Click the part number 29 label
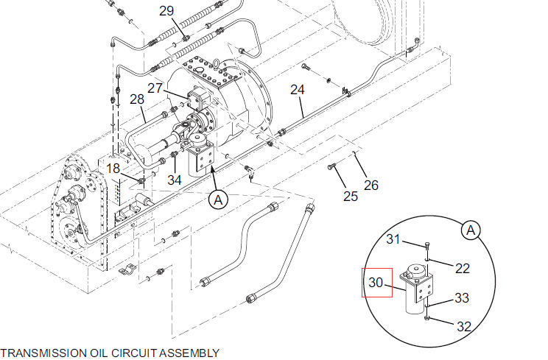[167, 11]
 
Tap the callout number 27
[155, 88]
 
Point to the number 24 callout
[297, 90]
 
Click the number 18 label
[113, 169]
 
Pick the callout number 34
[174, 180]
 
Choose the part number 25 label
[351, 197]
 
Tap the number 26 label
[371, 185]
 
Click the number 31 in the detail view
[394, 239]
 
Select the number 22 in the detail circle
[462, 268]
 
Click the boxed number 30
[376, 282]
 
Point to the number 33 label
[462, 298]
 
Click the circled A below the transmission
[218, 198]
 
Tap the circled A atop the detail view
[471, 230]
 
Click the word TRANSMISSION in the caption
[37, 353]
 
